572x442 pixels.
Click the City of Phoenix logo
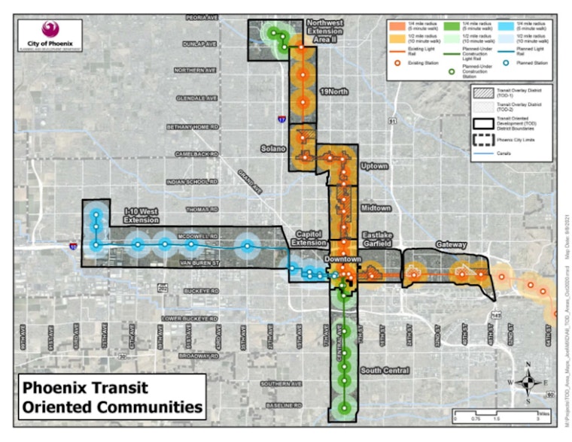(x=50, y=34)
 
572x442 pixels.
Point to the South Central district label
(x=384, y=371)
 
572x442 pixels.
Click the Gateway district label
(x=451, y=245)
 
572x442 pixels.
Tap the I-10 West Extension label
(x=141, y=215)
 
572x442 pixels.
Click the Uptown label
(x=374, y=165)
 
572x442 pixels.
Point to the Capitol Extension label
(x=309, y=238)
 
